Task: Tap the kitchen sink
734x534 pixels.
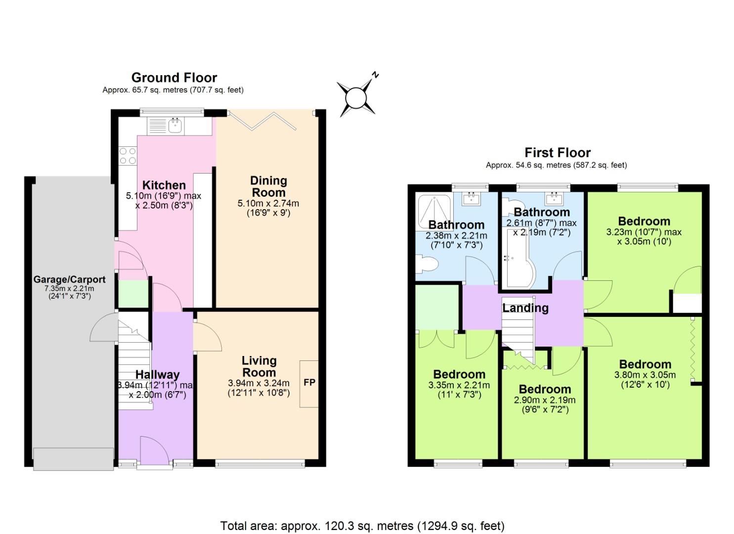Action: coord(175,126)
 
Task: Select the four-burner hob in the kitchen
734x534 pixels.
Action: coord(128,156)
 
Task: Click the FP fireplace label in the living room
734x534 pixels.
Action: coord(309,383)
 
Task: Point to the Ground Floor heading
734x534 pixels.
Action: coord(174,78)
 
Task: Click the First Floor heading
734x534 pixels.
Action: coord(558,152)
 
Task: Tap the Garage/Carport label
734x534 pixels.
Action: coord(69,279)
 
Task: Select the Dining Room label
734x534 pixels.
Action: coord(268,186)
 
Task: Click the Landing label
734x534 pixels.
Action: coord(525,308)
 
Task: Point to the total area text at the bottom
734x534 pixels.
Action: coord(362,525)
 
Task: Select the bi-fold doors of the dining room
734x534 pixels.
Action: coord(262,121)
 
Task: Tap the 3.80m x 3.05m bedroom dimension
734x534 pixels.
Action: coord(645,375)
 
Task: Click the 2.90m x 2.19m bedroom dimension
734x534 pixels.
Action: coord(545,400)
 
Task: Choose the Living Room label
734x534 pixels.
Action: coord(259,366)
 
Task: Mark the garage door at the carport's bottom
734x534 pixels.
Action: coord(73,459)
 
